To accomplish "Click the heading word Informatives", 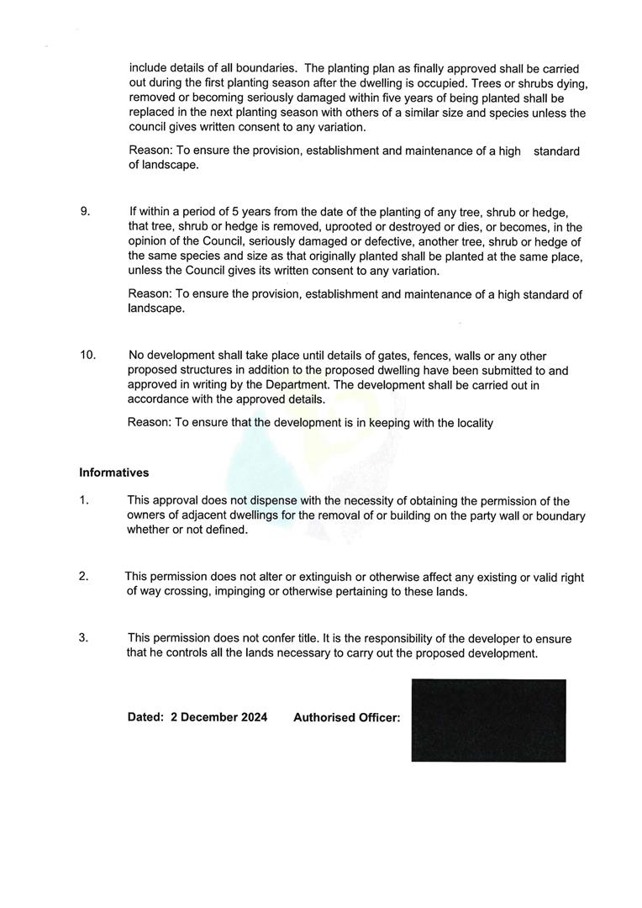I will click(113, 472).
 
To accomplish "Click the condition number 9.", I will click(85, 211).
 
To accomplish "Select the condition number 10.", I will click(87, 355).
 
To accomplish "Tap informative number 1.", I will click(83, 500).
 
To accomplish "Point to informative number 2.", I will click(83, 576).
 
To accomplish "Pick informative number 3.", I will click(83, 637).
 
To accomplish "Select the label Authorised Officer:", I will click(346, 718).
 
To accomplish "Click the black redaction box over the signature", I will click(488, 721).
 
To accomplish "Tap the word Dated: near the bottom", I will click(145, 717).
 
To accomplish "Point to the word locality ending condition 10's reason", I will click(471, 423).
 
